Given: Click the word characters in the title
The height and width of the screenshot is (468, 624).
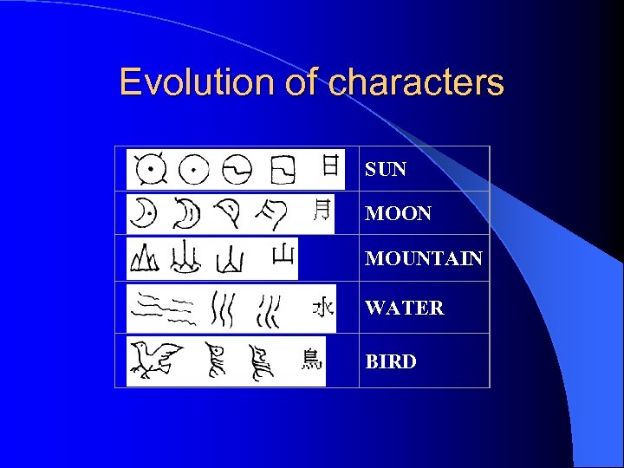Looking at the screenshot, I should click(x=417, y=82).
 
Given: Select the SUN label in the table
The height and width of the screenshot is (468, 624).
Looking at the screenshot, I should click(x=386, y=170).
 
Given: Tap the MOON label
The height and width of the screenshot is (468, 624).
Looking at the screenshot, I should click(x=398, y=213).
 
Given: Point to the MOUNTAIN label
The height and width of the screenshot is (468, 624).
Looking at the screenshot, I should click(x=424, y=258).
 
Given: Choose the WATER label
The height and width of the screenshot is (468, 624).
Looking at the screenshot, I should click(x=405, y=308).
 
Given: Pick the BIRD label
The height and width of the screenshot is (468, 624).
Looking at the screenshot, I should click(x=391, y=361).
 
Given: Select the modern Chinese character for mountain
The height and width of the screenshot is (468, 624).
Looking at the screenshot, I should click(x=283, y=254).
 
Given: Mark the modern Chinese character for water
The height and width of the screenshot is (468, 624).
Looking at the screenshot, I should click(x=322, y=307).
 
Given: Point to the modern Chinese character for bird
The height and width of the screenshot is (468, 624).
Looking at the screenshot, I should click(x=311, y=358).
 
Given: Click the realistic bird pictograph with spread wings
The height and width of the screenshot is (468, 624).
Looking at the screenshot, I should click(x=157, y=357).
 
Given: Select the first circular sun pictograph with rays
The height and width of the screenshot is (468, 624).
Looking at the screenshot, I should click(x=151, y=169).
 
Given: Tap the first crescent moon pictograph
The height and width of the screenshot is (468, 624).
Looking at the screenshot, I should click(x=142, y=213).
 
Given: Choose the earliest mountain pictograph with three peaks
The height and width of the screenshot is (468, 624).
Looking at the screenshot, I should click(x=143, y=258).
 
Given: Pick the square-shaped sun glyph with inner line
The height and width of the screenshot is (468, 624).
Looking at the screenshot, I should click(x=282, y=170).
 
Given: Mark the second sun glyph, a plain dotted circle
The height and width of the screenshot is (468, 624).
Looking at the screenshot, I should click(x=193, y=170).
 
